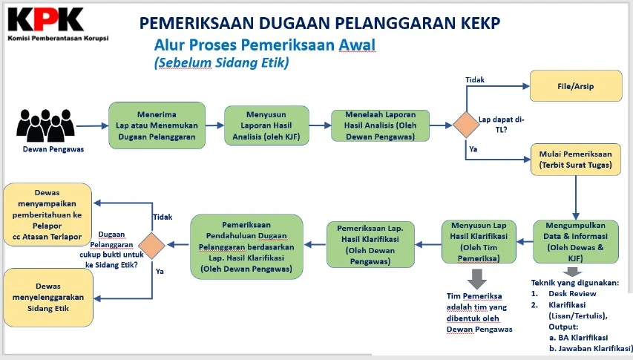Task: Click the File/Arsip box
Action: point(576,86)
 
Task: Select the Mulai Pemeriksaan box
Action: point(576,160)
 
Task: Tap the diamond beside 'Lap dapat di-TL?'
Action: point(466,124)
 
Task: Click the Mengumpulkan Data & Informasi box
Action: point(576,241)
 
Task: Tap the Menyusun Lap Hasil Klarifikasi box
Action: point(479,241)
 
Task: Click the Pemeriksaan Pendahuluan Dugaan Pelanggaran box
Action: point(246,247)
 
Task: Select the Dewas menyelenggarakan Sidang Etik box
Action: point(49,297)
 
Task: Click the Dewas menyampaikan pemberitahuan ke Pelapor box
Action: point(49,212)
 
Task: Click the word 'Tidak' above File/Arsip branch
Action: point(475,79)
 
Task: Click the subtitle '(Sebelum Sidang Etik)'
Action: point(221,64)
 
